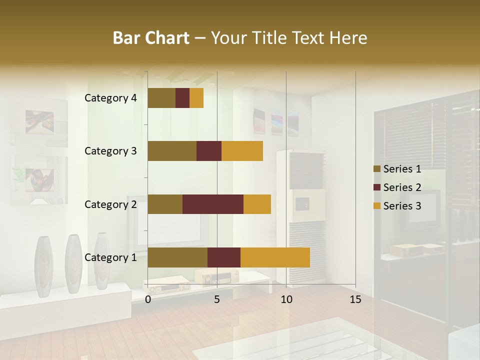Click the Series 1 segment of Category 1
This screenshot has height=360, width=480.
point(177,257)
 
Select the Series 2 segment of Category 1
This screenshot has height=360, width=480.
point(224,257)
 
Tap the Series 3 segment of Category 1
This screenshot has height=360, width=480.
point(275,257)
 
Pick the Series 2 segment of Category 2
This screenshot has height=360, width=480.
point(213,204)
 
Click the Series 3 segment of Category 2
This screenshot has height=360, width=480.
point(257,204)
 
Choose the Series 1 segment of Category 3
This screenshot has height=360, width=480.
point(172,151)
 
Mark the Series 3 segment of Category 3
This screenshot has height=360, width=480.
point(242,151)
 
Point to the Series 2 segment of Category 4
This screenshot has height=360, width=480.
point(182,98)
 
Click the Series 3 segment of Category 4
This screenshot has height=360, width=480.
point(196,98)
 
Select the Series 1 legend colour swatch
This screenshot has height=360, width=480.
point(376,169)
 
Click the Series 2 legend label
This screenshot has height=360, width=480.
point(402,187)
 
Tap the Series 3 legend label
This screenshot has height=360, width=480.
point(402,205)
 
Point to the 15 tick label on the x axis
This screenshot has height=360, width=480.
point(355,299)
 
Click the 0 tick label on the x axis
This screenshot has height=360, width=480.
point(148,299)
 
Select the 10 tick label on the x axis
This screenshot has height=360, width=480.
point(286,299)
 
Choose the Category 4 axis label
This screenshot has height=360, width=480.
point(110,98)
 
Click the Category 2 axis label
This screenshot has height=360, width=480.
point(110,204)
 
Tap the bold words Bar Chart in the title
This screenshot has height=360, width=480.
point(151,38)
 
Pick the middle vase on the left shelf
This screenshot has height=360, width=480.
point(73,263)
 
